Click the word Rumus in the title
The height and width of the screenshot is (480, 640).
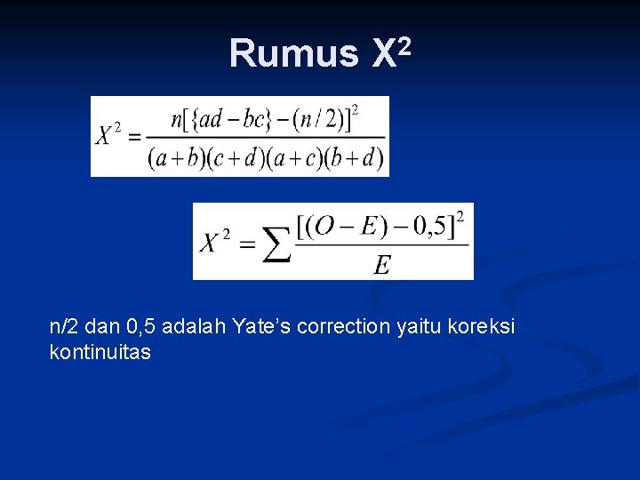click(293, 53)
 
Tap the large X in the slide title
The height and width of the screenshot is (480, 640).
click(382, 53)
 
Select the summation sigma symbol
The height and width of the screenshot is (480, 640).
click(277, 244)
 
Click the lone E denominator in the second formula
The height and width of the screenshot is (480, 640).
click(382, 265)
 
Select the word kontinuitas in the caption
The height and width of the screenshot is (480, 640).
click(100, 353)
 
